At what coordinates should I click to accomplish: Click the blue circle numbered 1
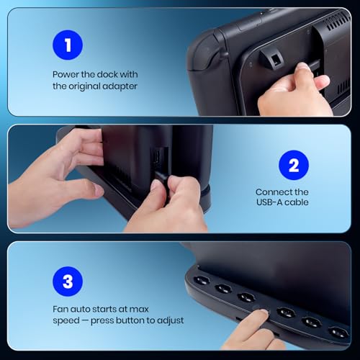(68, 45)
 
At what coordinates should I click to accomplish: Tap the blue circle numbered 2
(294, 165)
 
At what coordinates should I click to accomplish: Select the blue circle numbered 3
(68, 282)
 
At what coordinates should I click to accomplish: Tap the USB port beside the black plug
(156, 157)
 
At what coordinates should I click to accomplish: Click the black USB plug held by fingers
(161, 176)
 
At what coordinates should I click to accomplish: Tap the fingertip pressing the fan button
(264, 313)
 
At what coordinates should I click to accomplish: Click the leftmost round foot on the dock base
(201, 280)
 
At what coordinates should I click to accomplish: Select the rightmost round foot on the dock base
(338, 333)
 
